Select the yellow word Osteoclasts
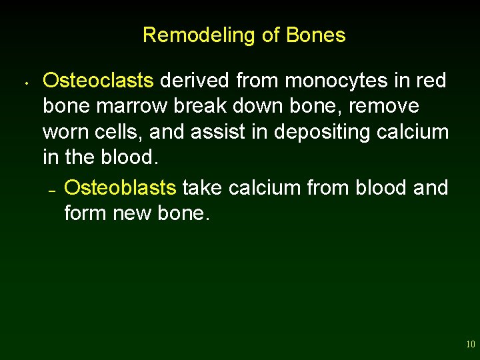click(x=98, y=81)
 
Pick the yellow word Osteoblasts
click(x=120, y=188)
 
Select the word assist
click(x=214, y=132)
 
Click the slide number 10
click(x=470, y=345)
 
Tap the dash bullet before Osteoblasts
click(x=51, y=191)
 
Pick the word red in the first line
click(x=431, y=81)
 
